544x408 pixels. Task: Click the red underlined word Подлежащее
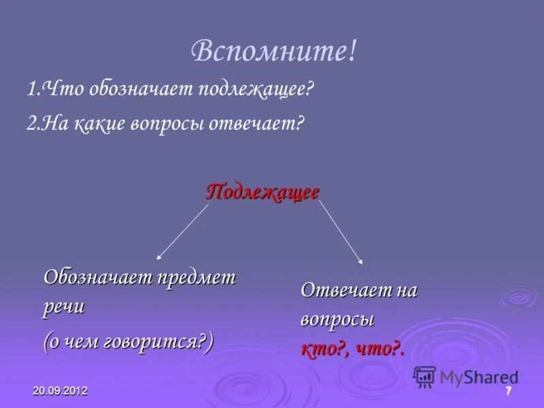[x=262, y=192]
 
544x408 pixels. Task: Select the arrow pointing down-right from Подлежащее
[x=341, y=233]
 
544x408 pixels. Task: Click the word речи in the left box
[x=64, y=306]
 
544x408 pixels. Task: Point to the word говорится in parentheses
[x=155, y=341]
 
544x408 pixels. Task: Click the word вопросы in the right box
[x=337, y=320]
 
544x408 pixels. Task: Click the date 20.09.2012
[x=60, y=392]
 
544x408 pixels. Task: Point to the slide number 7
[x=507, y=391]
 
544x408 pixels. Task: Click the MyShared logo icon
[x=424, y=376]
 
